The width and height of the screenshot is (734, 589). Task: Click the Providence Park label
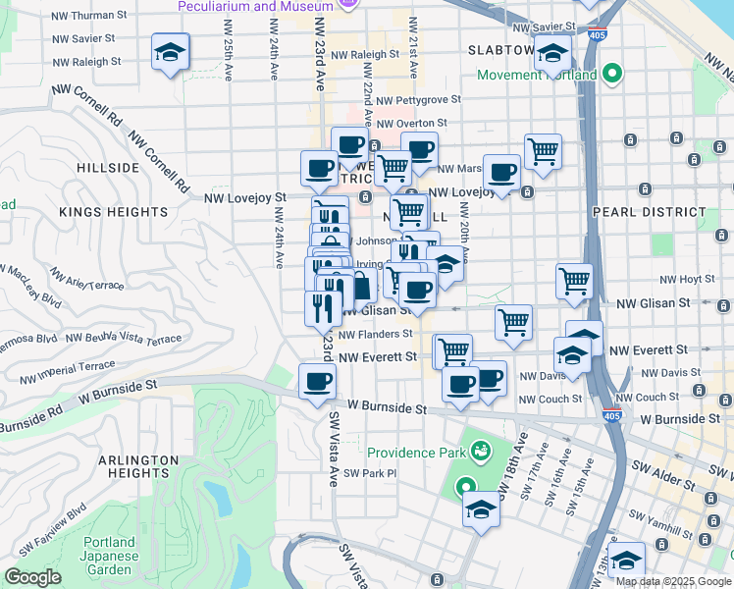(416, 453)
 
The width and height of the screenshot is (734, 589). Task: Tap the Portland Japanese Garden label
(108, 556)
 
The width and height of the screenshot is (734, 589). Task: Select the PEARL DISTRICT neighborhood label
(649, 212)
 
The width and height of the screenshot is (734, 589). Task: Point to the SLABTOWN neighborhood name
(500, 49)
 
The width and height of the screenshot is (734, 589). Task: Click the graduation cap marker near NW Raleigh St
(171, 53)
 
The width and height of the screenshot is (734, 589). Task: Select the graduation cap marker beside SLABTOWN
(553, 54)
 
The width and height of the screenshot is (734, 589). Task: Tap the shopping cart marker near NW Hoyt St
(575, 281)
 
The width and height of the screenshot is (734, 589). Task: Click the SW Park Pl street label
(371, 473)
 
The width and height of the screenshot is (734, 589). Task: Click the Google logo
(33, 577)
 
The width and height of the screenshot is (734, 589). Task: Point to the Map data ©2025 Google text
(672, 581)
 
